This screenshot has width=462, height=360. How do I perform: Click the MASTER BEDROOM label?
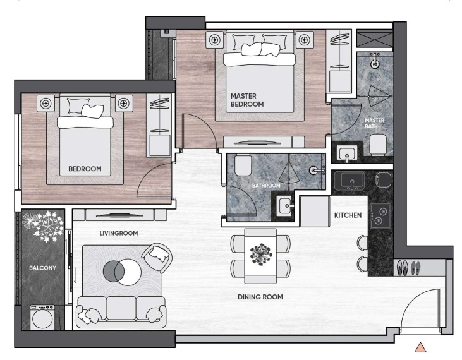click(x=247, y=100)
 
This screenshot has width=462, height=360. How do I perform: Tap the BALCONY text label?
click(x=42, y=268)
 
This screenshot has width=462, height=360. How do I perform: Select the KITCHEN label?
click(x=348, y=215)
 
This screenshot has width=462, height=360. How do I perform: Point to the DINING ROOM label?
click(x=260, y=297)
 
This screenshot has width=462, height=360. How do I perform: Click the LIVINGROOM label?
click(x=119, y=233)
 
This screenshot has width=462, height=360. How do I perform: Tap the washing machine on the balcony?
click(x=42, y=317)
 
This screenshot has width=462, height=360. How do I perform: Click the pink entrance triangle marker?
click(x=420, y=347)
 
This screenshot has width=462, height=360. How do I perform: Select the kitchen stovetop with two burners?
click(x=380, y=216)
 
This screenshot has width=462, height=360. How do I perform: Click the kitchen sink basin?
click(x=353, y=180)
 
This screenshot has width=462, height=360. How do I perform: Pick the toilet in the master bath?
click(x=378, y=144)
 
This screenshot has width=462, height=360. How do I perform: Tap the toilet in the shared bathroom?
click(x=243, y=165)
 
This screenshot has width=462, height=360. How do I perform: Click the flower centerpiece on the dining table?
click(x=260, y=255)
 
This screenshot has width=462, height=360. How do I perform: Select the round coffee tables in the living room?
click(x=122, y=272)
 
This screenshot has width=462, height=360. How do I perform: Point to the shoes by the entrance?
click(x=408, y=268)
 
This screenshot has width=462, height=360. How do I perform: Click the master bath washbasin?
click(x=347, y=153)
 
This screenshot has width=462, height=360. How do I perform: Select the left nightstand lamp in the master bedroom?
click(x=215, y=39)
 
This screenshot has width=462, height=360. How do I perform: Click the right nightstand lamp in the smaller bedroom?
click(x=124, y=104)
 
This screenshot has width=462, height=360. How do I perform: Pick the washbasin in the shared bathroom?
click(x=285, y=205)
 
